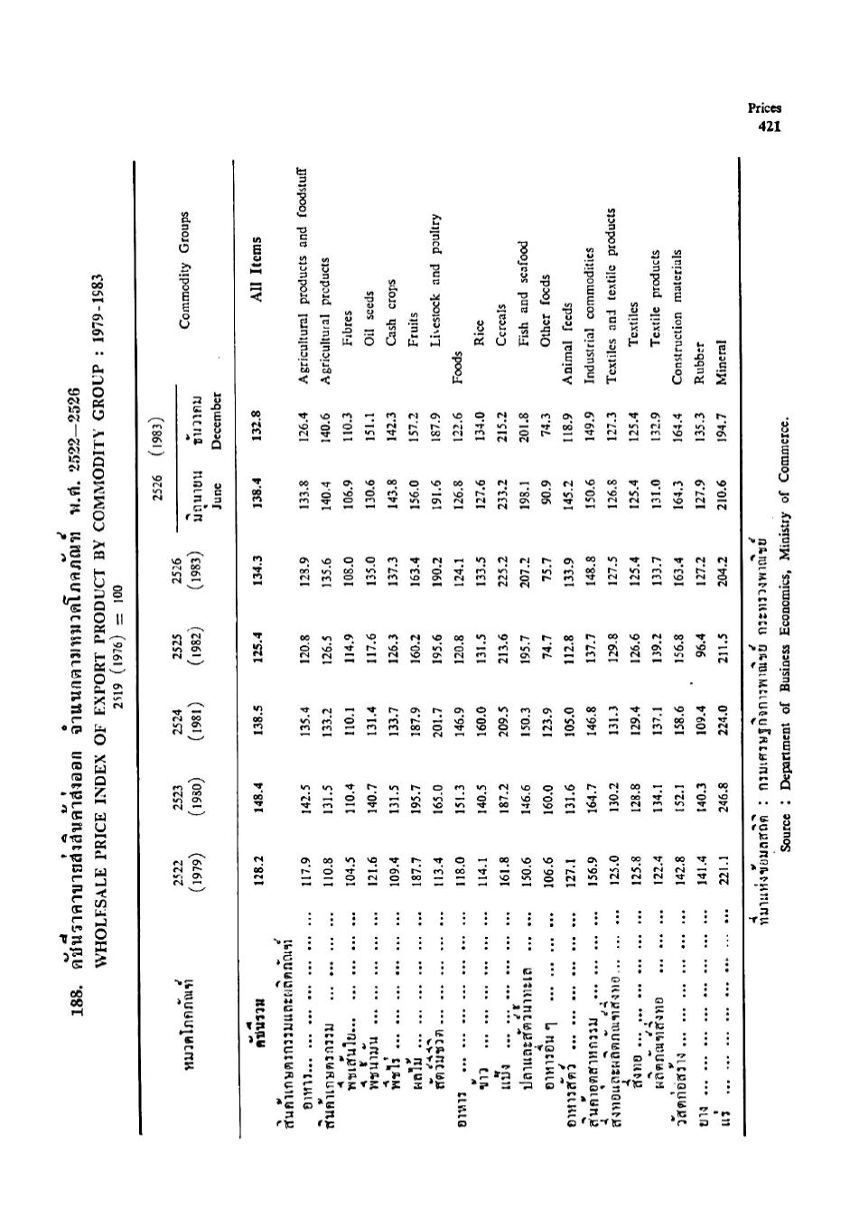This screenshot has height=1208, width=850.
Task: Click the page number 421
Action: tap(769, 126)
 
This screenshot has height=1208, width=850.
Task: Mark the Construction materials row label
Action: tap(677, 319)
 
